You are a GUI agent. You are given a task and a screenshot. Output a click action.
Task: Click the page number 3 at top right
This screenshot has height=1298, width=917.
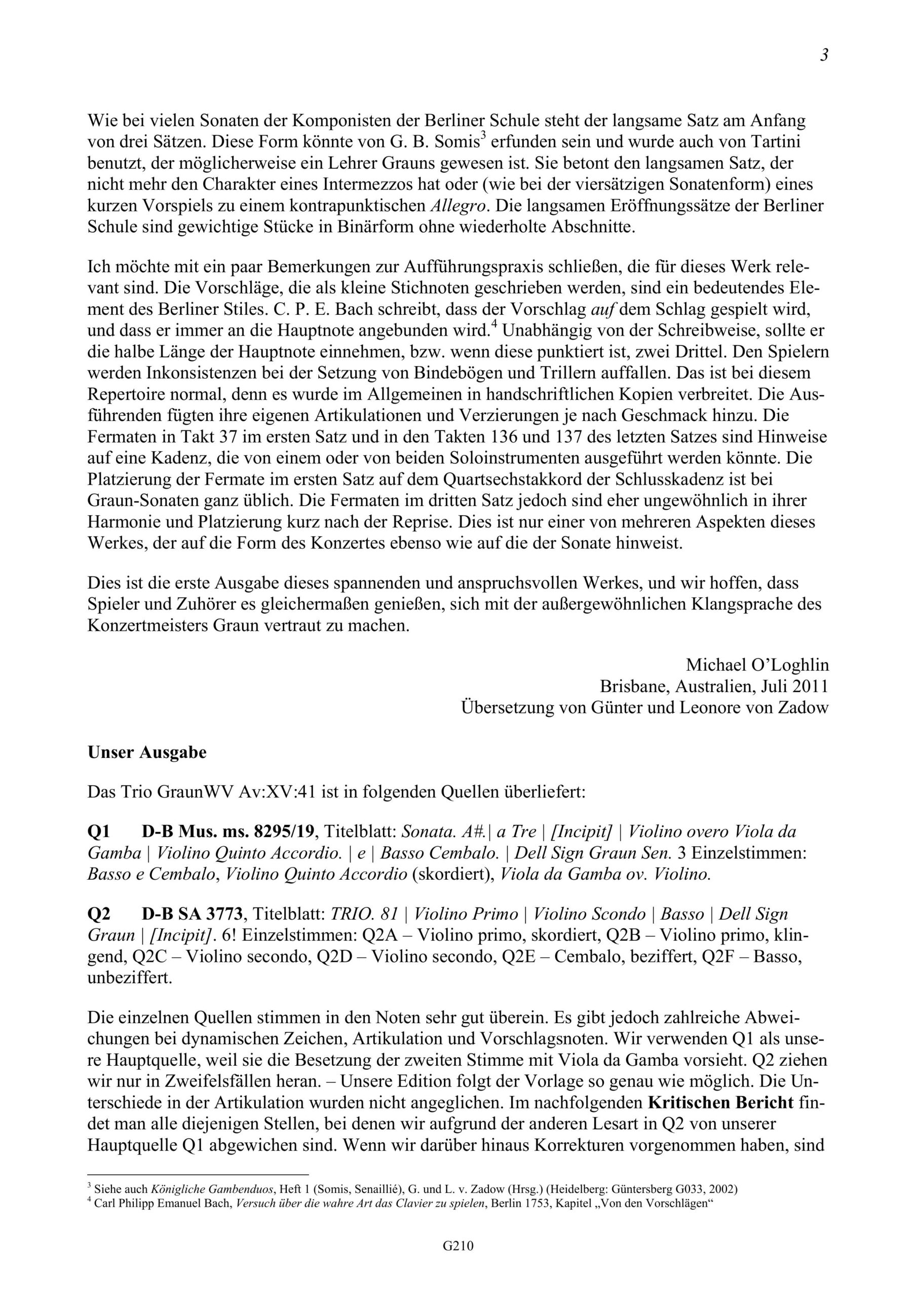point(824,56)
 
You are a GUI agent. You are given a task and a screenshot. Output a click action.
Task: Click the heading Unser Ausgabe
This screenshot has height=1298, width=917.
point(147,752)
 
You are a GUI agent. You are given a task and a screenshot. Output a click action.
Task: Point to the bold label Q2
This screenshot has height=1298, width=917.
point(99,914)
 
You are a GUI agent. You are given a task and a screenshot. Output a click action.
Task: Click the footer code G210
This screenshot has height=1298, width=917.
point(458,1262)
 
